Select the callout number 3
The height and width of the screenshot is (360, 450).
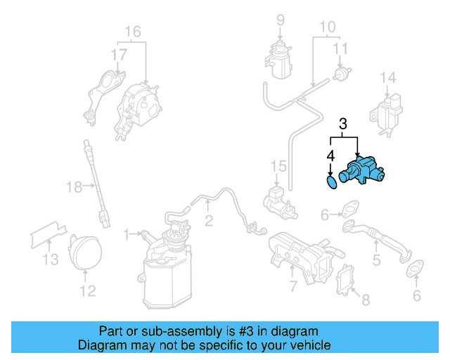coord(343,124)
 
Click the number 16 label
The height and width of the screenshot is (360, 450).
coord(133,32)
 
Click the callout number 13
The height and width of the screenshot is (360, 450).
coord(48,261)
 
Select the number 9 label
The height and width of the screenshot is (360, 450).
coord(280,20)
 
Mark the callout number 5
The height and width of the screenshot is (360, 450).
coord(376,261)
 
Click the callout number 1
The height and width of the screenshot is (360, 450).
coord(126,232)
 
